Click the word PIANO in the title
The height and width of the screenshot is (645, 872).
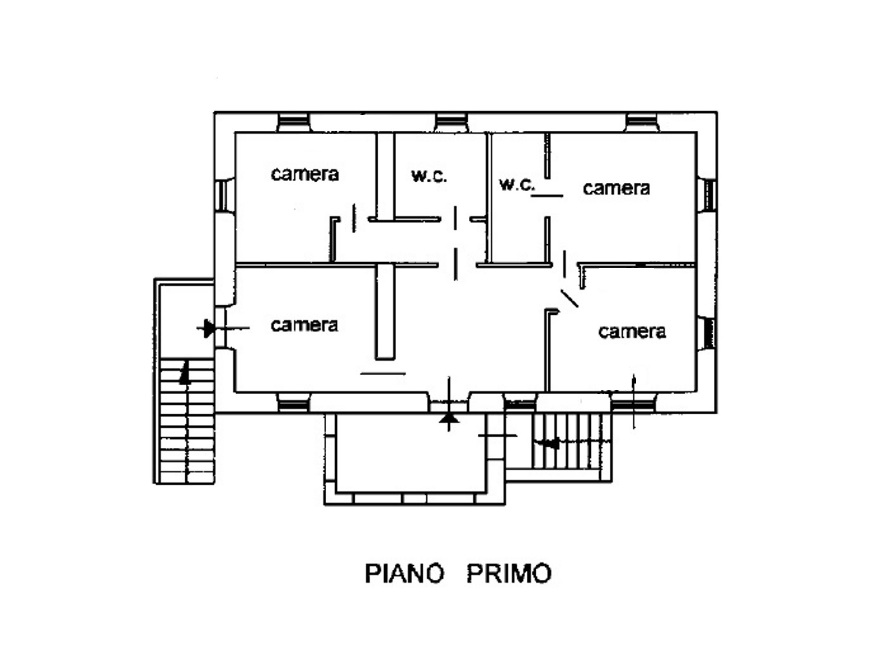pos(404,573)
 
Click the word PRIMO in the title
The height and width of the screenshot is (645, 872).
pos(509,573)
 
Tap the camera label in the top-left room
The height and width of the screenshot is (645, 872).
pos(305,174)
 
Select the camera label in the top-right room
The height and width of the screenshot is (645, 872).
pos(616,188)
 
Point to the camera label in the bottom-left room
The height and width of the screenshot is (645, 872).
pos(304,325)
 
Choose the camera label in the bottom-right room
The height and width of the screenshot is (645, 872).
pos(632,331)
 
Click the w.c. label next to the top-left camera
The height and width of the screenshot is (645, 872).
pos(429,176)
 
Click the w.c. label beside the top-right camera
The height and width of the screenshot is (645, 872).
pos(517,184)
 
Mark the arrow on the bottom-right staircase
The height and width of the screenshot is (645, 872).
pos(551,443)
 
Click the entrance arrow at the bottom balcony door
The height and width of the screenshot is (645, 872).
pos(449,419)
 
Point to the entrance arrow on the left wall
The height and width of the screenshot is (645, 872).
pos(208,327)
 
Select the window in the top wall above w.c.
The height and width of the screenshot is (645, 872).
pos(452,122)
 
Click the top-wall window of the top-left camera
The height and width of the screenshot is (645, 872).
pos(294,122)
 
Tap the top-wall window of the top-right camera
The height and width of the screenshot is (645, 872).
pos(642,122)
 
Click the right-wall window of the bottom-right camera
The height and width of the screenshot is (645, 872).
pos(707,333)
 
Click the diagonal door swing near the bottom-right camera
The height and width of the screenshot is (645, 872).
pos(569,298)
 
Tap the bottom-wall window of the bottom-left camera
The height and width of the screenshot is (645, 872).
pos(294,405)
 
